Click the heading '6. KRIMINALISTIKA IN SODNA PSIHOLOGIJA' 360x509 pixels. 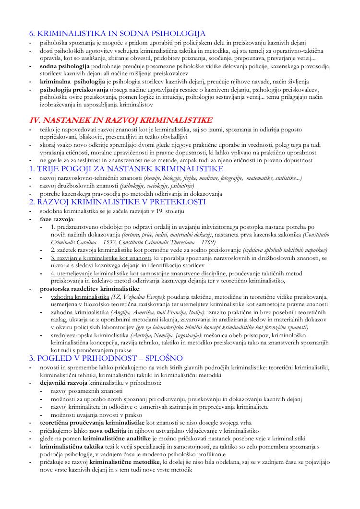[118, 34]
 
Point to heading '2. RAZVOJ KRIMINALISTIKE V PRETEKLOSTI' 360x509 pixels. [118, 201]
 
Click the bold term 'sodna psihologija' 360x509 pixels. [65, 65]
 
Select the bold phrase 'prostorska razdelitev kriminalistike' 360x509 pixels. [90, 289]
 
